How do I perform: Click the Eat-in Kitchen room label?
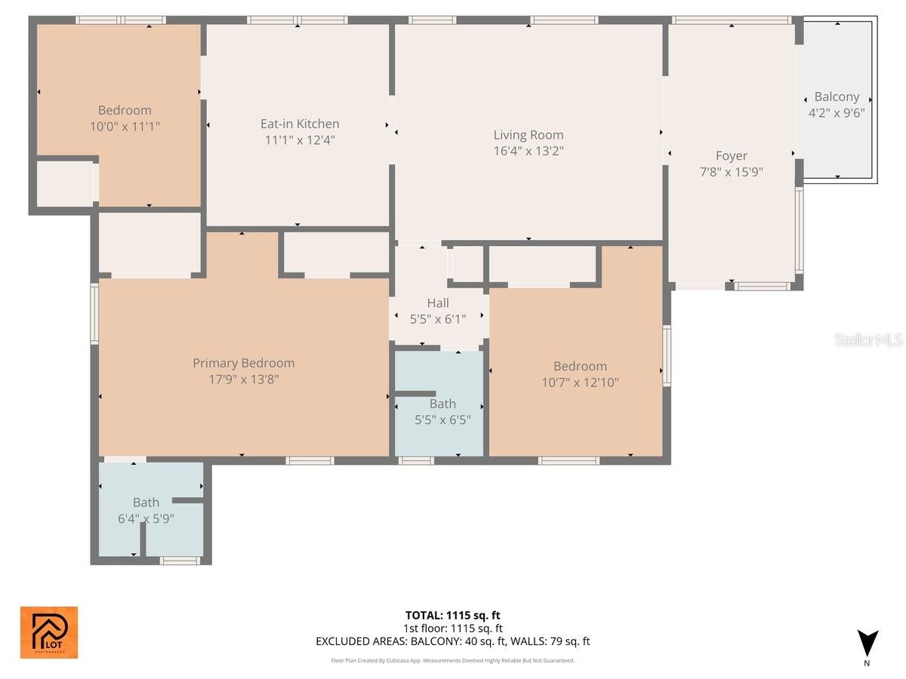(300, 124)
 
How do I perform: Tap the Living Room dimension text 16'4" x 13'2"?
(528, 150)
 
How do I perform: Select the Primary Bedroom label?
(243, 363)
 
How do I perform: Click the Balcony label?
(837, 97)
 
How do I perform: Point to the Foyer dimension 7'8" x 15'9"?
(731, 171)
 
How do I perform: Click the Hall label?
(438, 303)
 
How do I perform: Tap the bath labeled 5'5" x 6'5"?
(442, 411)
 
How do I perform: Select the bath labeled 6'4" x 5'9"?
(146, 510)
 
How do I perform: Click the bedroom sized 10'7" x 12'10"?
(580, 374)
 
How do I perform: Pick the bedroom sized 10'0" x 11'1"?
(125, 118)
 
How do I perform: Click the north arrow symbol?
(867, 643)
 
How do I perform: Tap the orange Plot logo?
(49, 632)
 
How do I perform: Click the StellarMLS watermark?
(867, 340)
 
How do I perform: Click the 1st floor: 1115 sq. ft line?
(452, 628)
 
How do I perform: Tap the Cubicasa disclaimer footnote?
(452, 660)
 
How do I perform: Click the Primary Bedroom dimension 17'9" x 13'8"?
(243, 379)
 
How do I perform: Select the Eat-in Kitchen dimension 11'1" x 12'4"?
(300, 140)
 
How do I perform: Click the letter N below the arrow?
(867, 664)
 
